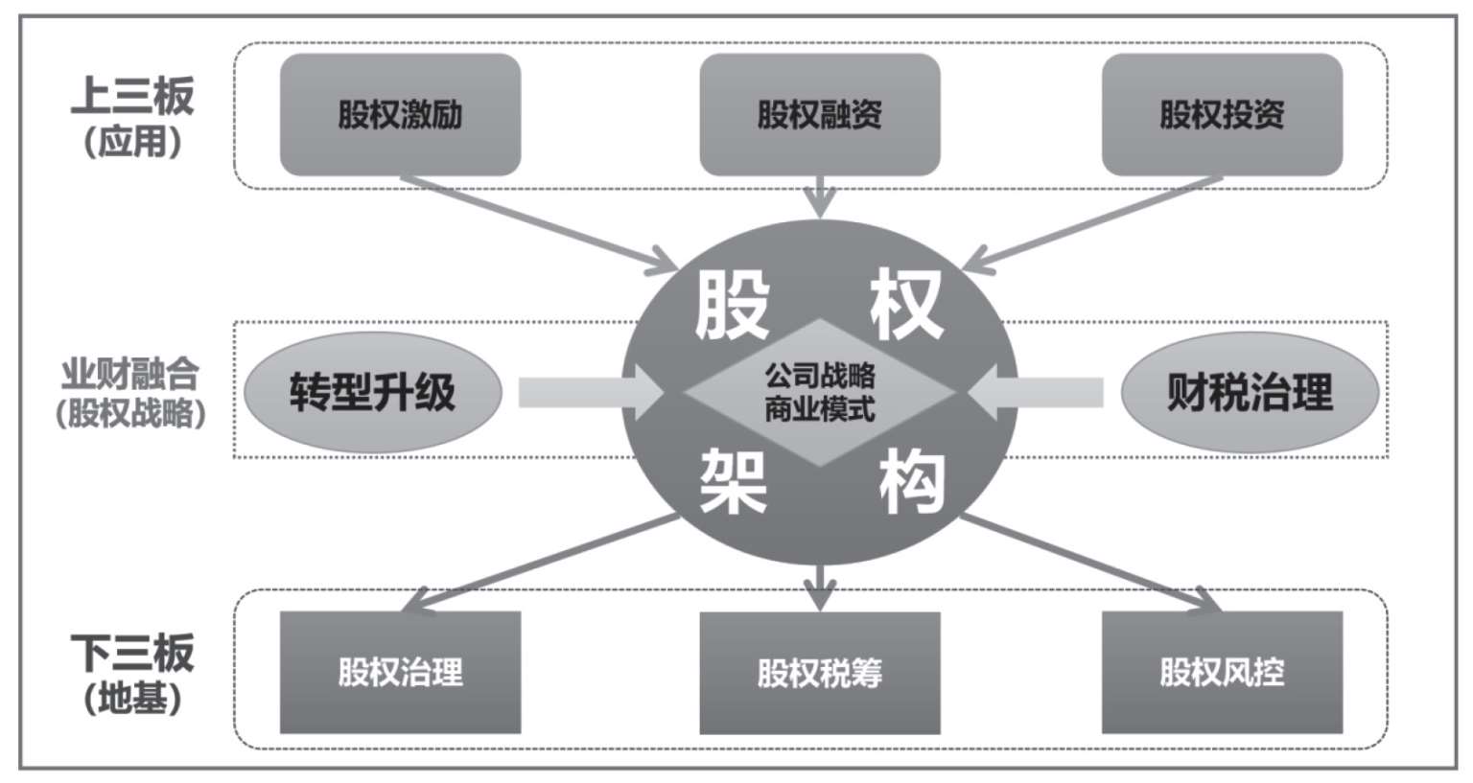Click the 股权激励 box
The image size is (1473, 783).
point(400,115)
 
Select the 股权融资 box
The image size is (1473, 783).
point(819,115)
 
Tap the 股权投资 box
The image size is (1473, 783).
point(1221,115)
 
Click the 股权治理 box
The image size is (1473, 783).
point(400,672)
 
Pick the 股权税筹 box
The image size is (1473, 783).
point(819,672)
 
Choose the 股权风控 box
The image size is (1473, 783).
point(1221,672)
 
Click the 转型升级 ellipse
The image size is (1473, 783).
point(373,392)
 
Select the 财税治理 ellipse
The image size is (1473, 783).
point(1250,392)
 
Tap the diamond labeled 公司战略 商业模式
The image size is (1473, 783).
point(819,392)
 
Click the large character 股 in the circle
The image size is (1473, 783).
point(732,306)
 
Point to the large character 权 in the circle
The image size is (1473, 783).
point(904,306)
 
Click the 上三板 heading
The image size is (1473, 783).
point(132,97)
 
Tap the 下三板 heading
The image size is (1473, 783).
point(132,653)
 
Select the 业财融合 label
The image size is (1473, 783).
point(130,372)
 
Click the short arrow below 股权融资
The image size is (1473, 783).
point(819,196)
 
